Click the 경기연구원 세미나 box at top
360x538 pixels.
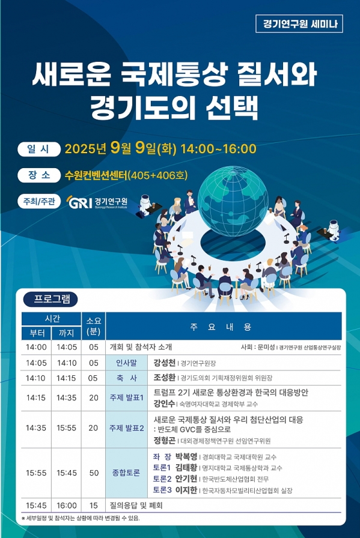click(x=299, y=23)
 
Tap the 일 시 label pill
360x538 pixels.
click(x=39, y=150)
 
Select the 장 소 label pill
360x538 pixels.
click(x=39, y=175)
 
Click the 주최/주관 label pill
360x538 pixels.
click(x=39, y=201)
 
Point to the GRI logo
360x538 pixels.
click(x=97, y=202)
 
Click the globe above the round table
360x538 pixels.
click(x=233, y=201)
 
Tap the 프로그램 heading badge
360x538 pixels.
click(x=50, y=299)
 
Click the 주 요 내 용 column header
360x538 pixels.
click(x=224, y=326)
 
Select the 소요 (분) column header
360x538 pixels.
click(x=93, y=326)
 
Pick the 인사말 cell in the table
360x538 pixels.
click(x=126, y=363)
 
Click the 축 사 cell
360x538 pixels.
click(x=126, y=378)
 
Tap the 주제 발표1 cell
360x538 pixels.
click(x=126, y=397)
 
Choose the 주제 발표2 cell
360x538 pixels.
click(x=126, y=428)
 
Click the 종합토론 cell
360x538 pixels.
click(x=126, y=473)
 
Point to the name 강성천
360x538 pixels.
click(x=164, y=363)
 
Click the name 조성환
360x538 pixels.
click(x=164, y=378)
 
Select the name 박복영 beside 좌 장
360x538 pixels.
click(x=186, y=457)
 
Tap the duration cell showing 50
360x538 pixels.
click(x=94, y=473)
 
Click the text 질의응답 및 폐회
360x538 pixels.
click(x=136, y=506)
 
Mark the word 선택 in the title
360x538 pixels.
click(x=232, y=107)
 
